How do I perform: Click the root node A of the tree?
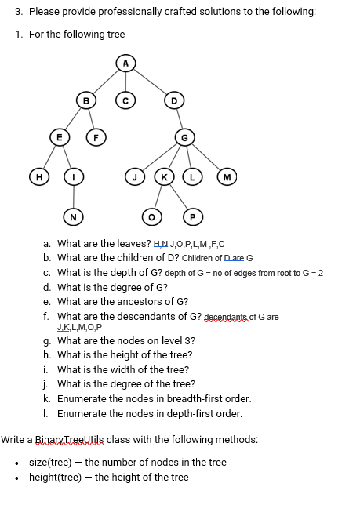[x=125, y=63]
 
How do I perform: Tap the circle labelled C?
[x=125, y=100]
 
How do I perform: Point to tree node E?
[x=56, y=136]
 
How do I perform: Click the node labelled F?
[x=94, y=136]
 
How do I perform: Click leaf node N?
[x=73, y=216]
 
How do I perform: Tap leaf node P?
[x=192, y=216]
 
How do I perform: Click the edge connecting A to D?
[x=151, y=82]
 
